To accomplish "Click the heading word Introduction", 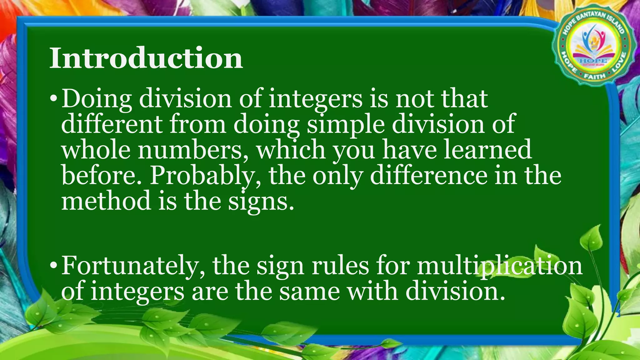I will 146,58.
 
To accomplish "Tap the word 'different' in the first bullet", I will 112,124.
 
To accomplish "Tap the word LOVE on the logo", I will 619,62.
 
